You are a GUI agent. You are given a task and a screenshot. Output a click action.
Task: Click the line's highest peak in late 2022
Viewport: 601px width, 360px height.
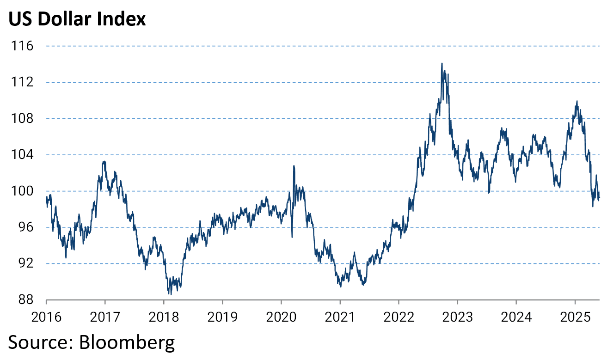[442, 63]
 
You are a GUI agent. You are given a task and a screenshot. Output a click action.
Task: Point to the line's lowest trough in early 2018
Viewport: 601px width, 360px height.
[170, 294]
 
